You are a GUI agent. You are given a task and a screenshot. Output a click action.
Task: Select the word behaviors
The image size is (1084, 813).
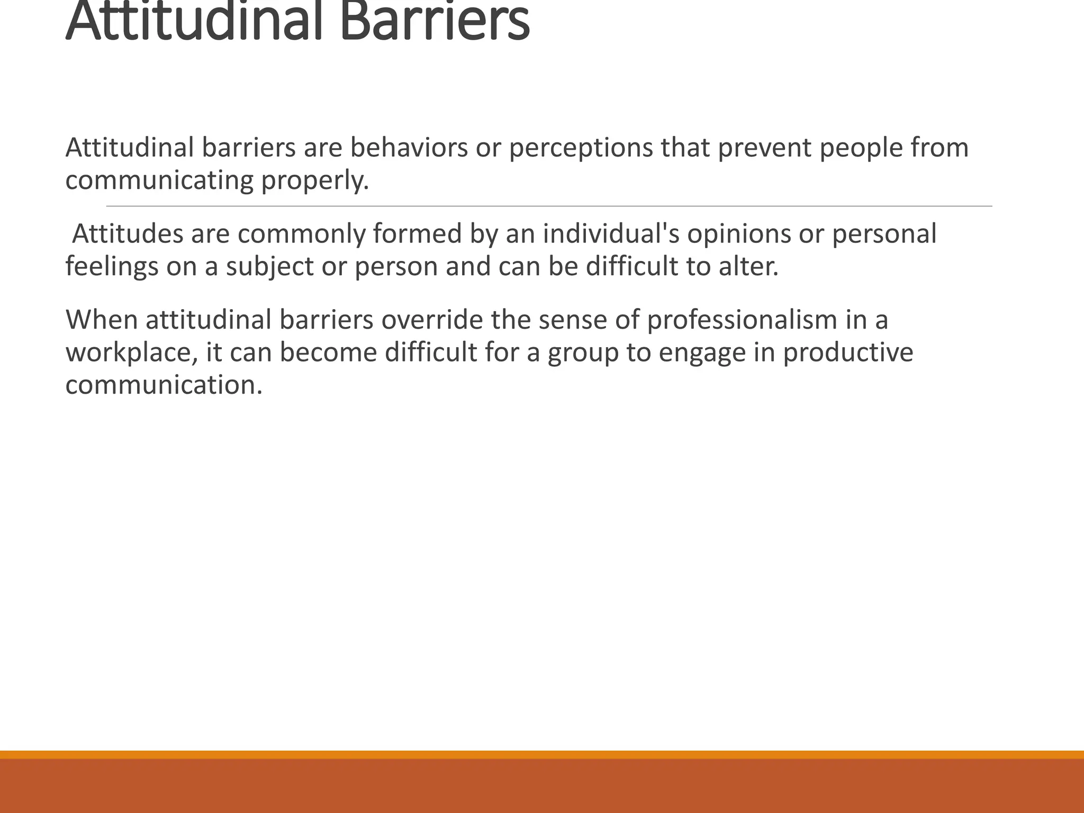(409, 148)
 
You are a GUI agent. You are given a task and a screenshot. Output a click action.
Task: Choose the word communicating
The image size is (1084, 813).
(159, 180)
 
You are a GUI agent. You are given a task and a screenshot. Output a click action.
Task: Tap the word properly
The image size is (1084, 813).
(315, 180)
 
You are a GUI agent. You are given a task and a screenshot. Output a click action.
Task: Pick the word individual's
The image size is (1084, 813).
(611, 233)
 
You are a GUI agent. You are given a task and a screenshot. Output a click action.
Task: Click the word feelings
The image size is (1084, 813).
(112, 266)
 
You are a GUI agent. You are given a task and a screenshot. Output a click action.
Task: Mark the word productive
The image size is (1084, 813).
(848, 353)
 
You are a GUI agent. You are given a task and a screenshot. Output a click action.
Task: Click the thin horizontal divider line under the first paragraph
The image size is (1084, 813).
(549, 206)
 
